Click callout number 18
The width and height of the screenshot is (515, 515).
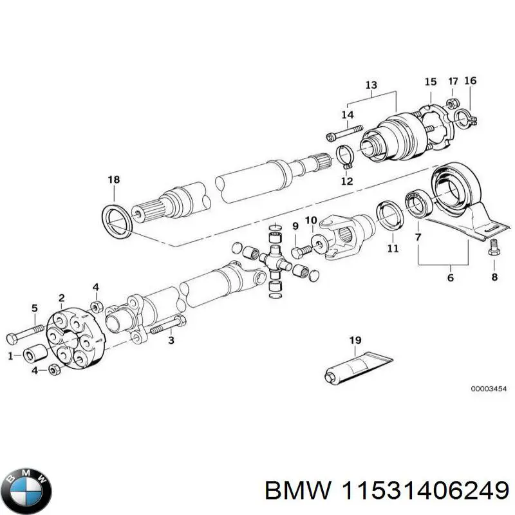tap(113, 180)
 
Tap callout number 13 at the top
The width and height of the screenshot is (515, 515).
tap(371, 85)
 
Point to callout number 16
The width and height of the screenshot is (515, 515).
tap(470, 81)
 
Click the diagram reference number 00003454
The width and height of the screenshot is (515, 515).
tap(488, 389)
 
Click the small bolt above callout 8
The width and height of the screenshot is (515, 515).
tap(494, 248)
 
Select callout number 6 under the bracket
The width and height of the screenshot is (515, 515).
tap(450, 277)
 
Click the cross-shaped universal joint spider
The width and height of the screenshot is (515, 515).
tap(274, 260)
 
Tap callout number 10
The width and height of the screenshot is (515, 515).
tap(310, 221)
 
